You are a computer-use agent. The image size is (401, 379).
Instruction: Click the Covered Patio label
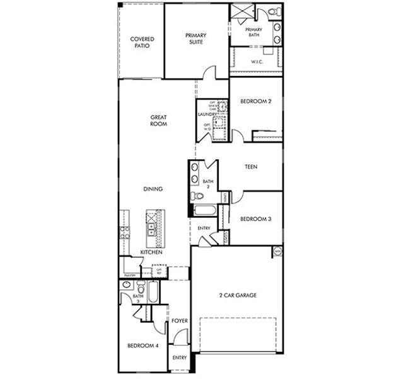(x=142, y=42)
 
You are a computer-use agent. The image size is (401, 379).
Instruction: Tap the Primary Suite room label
(x=196, y=39)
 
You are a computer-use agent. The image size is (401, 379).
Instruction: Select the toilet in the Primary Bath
(x=272, y=12)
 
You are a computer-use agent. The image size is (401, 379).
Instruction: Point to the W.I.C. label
(x=257, y=62)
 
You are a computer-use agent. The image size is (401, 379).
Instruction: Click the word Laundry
(x=207, y=114)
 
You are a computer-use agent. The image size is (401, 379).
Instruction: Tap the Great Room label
(x=158, y=120)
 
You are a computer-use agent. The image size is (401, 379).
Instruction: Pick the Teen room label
(x=254, y=167)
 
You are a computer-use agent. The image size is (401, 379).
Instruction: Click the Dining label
(x=153, y=189)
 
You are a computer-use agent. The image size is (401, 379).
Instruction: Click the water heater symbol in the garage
(x=277, y=251)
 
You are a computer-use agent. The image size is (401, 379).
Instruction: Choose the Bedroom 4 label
(x=142, y=346)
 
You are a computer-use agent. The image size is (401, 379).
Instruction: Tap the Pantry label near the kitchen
(x=130, y=275)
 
